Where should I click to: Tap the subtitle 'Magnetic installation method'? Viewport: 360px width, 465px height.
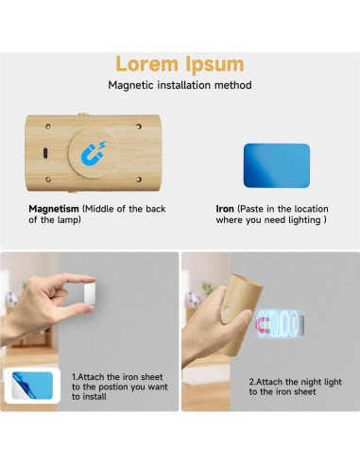point(179,86)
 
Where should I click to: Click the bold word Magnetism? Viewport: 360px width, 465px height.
point(53,208)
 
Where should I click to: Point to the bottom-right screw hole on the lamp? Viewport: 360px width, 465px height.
point(139,180)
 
